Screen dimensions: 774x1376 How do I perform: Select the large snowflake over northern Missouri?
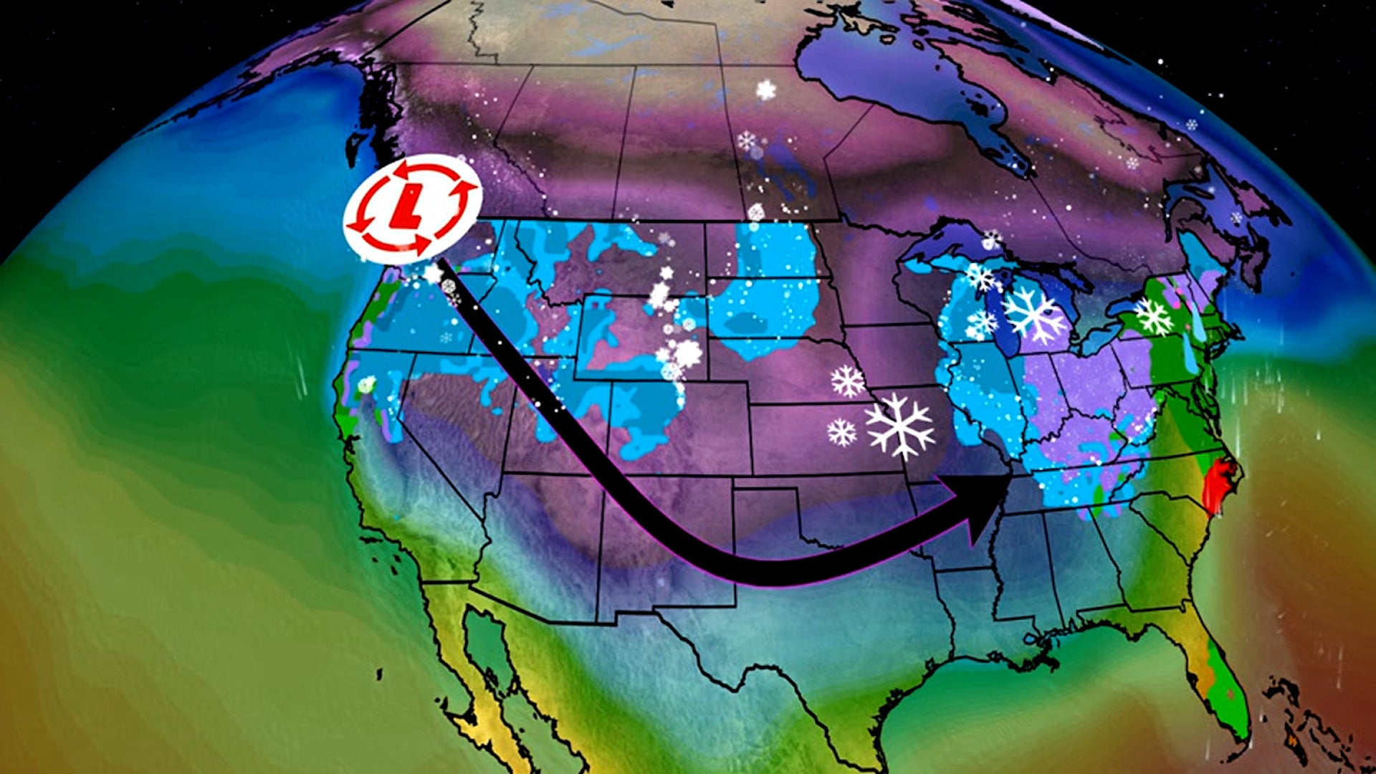click(900, 426)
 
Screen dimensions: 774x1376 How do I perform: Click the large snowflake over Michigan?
click(1033, 315)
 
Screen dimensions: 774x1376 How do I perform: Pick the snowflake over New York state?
click(1153, 317)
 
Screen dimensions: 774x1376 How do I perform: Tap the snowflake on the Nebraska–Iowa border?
click(848, 381)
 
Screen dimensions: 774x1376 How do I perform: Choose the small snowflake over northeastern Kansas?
click(841, 432)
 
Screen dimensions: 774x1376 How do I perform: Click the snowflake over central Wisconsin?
click(980, 323)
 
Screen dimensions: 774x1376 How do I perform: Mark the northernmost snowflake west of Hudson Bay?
click(766, 90)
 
